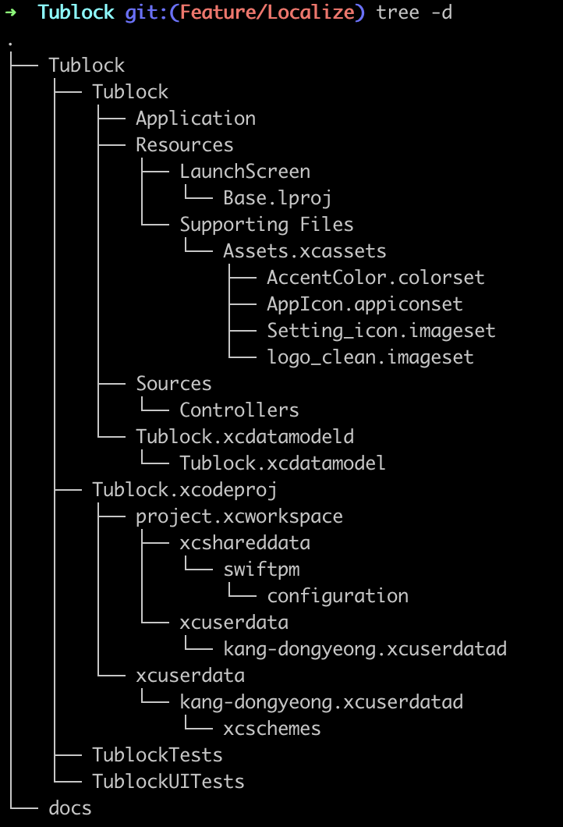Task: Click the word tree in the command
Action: coord(398,12)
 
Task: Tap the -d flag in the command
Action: coord(441,12)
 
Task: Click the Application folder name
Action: coord(196,118)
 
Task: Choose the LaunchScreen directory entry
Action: coord(245,171)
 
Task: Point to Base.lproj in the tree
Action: coord(278,197)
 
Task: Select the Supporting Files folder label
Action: coord(267,224)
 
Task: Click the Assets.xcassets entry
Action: coord(305,250)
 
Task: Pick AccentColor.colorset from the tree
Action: coord(376,277)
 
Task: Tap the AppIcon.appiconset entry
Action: coord(365,303)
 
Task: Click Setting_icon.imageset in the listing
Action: coord(381,330)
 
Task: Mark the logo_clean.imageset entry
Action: coord(370,357)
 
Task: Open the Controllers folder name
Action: coord(239,410)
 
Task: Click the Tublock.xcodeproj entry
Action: coord(185,489)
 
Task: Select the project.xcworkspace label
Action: coord(239,516)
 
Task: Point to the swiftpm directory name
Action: coord(261,569)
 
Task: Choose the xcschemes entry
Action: coord(272,728)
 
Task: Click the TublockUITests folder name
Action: coord(168,781)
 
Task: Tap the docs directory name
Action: coord(70,807)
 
